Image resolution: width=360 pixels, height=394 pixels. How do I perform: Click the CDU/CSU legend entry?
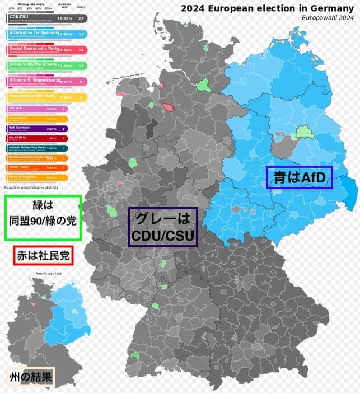(34, 18)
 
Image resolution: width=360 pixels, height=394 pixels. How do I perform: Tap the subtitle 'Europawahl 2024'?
(328, 18)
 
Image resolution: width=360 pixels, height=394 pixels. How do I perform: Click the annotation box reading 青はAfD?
(300, 177)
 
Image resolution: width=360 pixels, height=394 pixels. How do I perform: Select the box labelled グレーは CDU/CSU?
(163, 227)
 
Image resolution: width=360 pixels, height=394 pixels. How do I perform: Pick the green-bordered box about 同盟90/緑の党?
(43, 218)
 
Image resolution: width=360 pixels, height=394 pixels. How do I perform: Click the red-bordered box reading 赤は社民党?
(43, 256)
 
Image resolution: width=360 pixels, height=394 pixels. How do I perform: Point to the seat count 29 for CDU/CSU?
(81, 18)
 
